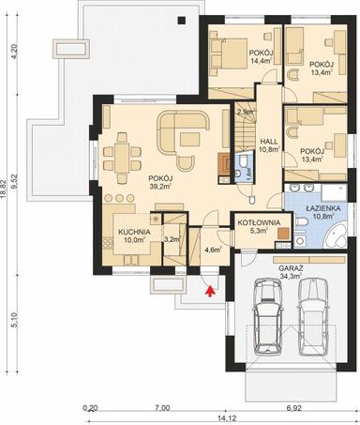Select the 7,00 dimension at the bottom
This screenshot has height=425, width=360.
(161, 408)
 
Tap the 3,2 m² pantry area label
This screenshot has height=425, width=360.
(172, 239)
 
